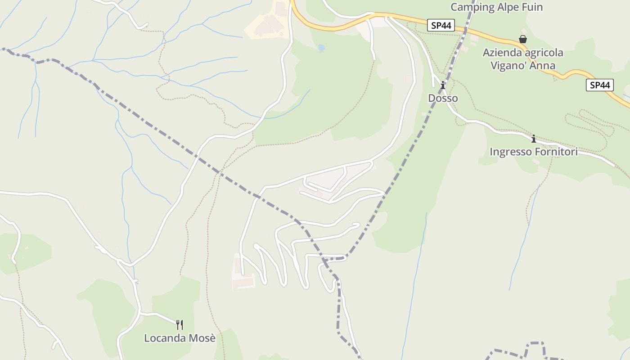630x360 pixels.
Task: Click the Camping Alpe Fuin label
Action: [496, 7]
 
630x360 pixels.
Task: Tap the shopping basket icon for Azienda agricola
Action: [522, 39]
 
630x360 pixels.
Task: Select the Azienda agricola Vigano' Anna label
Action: [522, 59]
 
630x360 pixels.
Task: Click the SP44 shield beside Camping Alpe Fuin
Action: [441, 26]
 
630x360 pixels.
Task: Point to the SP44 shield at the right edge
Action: [600, 85]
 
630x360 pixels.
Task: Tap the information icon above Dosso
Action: [443, 85]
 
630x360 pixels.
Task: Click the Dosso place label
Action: [443, 98]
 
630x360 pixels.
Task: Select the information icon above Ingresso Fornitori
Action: [533, 139]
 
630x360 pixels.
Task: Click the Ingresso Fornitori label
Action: [533, 152]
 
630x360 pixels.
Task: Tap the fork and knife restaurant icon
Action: [180, 324]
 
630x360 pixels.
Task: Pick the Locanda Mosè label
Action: [180, 338]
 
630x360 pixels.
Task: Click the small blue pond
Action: [321, 47]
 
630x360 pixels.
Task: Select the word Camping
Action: [471, 7]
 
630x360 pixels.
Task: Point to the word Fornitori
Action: [556, 152]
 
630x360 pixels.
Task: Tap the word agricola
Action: [541, 53]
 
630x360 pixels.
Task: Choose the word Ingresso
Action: [511, 152]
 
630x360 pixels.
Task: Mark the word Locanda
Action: [164, 338]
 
